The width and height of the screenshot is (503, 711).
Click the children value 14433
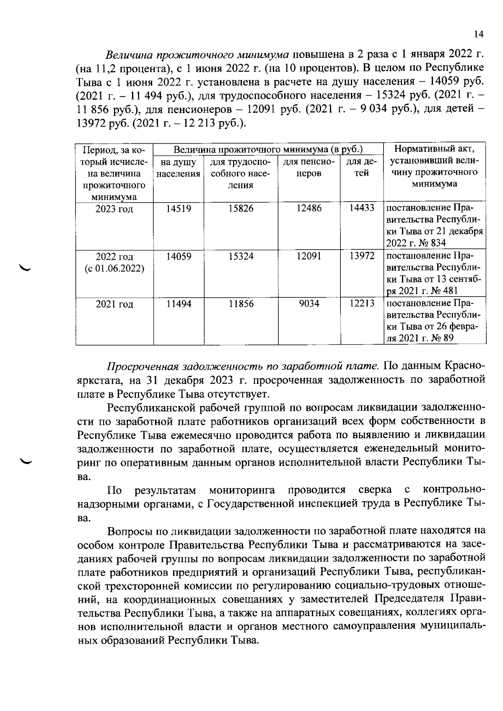coord(362,208)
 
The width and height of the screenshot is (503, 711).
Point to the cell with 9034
coord(309,304)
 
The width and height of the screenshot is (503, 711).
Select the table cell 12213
coord(362,303)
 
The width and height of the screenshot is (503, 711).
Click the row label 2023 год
coord(114,209)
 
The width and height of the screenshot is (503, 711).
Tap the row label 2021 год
coord(114,304)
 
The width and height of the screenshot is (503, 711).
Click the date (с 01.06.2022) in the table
coord(114,268)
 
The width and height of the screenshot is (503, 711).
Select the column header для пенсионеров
coord(309,168)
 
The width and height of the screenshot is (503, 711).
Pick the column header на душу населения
coord(178,168)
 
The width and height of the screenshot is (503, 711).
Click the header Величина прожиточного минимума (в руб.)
coord(268,150)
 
